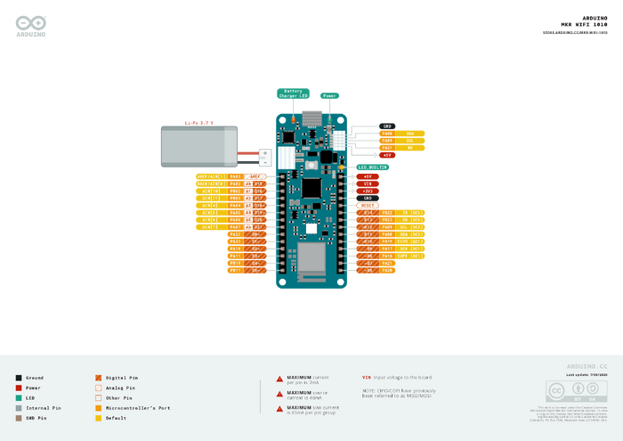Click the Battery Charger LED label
point(294,93)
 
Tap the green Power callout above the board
point(329,95)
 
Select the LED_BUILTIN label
point(374,167)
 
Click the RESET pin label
point(368,205)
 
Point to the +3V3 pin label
point(368,191)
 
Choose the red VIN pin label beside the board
point(368,184)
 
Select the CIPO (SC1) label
point(410,241)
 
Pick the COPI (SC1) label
point(410,256)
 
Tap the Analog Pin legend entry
point(120,388)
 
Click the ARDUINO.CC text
point(587,366)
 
